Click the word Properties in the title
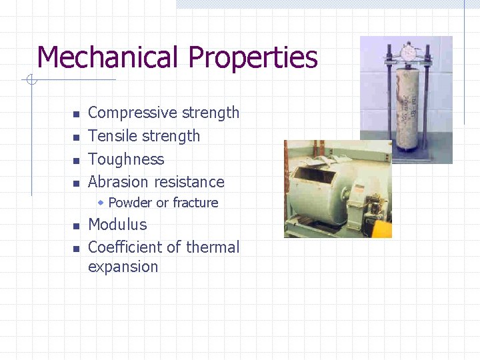coord(253,59)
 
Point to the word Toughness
coord(126,159)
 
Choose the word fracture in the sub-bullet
coord(195,203)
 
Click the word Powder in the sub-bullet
coord(130,203)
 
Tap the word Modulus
coord(117,225)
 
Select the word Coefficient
coord(125,247)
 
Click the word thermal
coord(213,247)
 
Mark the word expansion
coord(123,267)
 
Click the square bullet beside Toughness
coord(76,160)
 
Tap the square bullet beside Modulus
coord(76,225)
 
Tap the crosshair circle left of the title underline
coord(30,81)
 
